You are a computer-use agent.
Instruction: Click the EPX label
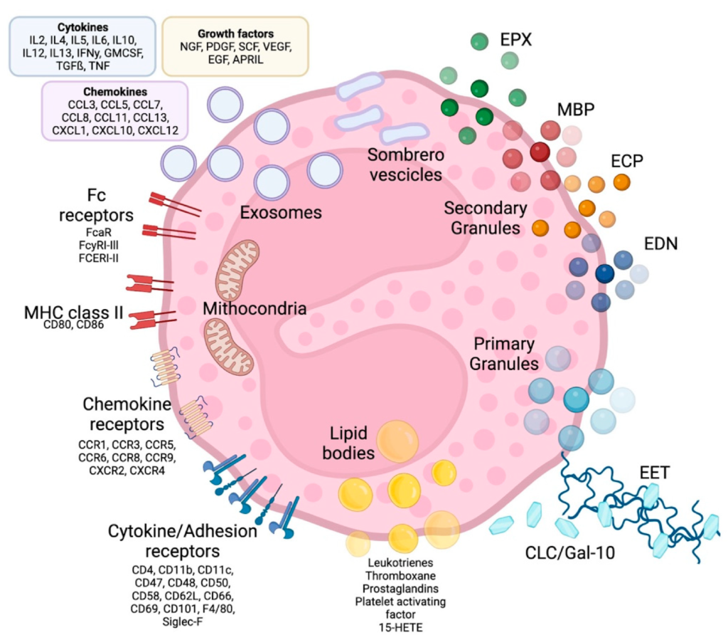pyautogui.click(x=515, y=40)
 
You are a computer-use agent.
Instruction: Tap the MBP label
pyautogui.click(x=576, y=110)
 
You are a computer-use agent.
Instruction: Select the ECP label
pyautogui.click(x=627, y=162)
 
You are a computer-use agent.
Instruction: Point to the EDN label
pyautogui.click(x=660, y=243)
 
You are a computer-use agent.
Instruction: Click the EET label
pyautogui.click(x=654, y=473)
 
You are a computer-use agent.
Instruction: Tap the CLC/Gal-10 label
pyautogui.click(x=569, y=552)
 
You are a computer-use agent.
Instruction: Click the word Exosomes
pyautogui.click(x=281, y=212)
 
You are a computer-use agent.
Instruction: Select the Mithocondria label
pyautogui.click(x=255, y=309)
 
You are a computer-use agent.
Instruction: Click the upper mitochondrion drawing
pyautogui.click(x=237, y=271)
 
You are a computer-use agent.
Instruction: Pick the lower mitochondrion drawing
pyautogui.click(x=228, y=347)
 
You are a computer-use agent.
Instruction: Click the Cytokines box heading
pyautogui.click(x=82, y=28)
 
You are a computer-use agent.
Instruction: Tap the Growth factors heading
pyautogui.click(x=235, y=34)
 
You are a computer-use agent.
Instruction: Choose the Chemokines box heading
pyautogui.click(x=115, y=92)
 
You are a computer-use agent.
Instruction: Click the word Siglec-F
pyautogui.click(x=183, y=621)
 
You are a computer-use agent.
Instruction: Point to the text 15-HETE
pyautogui.click(x=400, y=628)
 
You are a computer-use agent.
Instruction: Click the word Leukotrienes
pyautogui.click(x=400, y=563)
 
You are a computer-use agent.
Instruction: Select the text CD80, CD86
pyautogui.click(x=73, y=325)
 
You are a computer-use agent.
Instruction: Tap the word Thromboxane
pyautogui.click(x=400, y=576)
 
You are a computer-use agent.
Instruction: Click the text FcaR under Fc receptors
pyautogui.click(x=98, y=232)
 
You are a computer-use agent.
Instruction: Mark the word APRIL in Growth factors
pyautogui.click(x=248, y=60)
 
